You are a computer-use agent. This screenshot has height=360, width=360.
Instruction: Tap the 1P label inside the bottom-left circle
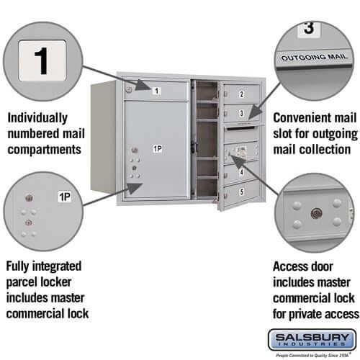(65, 197)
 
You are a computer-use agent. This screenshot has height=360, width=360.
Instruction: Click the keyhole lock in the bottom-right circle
(315, 214)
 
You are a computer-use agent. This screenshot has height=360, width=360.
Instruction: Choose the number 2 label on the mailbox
(241, 94)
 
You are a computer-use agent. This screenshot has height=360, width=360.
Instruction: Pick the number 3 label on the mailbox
(241, 114)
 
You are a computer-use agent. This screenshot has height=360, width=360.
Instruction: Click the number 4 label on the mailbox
(241, 173)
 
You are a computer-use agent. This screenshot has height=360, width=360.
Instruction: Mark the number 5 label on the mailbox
(241, 192)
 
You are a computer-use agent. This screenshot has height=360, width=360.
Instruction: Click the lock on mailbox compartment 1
(129, 89)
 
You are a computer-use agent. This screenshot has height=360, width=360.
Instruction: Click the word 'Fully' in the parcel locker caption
(21, 266)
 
